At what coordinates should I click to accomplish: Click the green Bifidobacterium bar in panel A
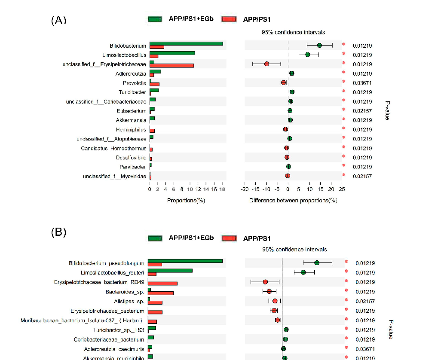pos(186,43)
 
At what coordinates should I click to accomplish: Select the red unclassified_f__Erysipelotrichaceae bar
pos(171,66)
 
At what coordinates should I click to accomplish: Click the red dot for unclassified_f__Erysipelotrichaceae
pos(266,64)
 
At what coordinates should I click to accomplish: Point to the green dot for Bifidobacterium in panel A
pos(319,45)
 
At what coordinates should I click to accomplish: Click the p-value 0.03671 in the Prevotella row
pos(362,82)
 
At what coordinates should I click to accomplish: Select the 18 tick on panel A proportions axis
pos(222,189)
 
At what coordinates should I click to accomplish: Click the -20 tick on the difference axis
pos(245,189)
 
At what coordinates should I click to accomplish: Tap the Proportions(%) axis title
pos(185,200)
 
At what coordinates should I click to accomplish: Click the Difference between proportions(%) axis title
pos(293,200)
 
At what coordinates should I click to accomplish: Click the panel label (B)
pos(58,232)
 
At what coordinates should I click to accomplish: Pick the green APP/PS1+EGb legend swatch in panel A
pos(155,19)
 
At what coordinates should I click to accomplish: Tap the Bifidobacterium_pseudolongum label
pos(106,263)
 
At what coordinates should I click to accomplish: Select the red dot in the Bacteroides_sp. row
pos(269,291)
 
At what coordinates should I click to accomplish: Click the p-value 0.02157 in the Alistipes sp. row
pos(365,301)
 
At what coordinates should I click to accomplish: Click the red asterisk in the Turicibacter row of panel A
pos(343,92)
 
